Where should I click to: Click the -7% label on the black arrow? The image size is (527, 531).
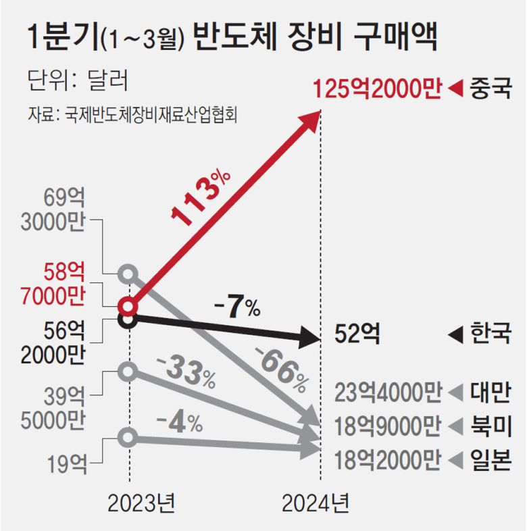(236, 307)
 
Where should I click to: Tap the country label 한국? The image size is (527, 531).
(489, 334)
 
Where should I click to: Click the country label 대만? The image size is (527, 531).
(489, 393)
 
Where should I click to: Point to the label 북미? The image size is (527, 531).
(489, 426)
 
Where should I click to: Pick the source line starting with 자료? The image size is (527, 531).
(135, 113)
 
